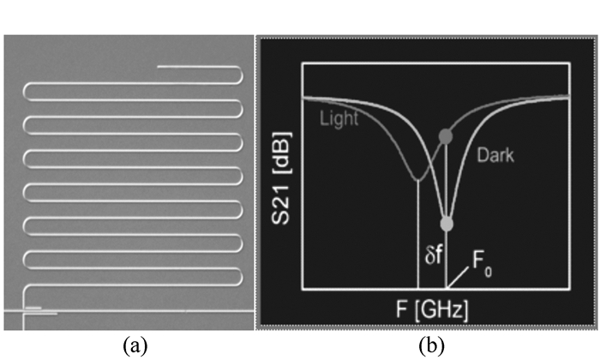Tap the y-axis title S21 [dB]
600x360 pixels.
coord(281,181)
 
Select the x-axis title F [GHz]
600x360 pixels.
coord(433,306)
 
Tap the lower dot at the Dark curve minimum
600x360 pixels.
coord(446,224)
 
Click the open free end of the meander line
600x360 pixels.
coord(159,67)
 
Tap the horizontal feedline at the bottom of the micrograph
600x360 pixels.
coord(26,314)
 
